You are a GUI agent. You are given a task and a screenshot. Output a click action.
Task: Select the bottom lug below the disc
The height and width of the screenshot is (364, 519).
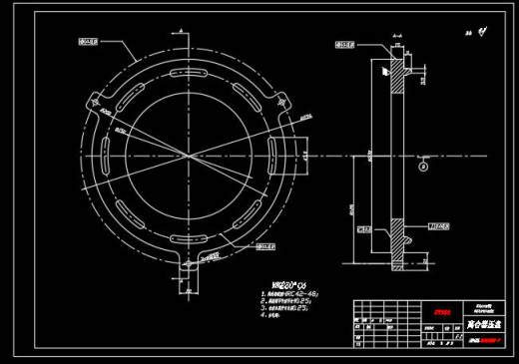[187, 268]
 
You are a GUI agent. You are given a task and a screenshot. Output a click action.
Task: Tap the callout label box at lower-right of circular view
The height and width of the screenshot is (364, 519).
[262, 245]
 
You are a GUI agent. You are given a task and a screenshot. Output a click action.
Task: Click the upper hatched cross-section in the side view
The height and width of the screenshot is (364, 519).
[397, 75]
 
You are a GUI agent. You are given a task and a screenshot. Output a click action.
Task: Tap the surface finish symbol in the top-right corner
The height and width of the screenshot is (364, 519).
[479, 32]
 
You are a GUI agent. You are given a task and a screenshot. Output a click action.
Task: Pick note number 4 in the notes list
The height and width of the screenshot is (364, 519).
[275, 318]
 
